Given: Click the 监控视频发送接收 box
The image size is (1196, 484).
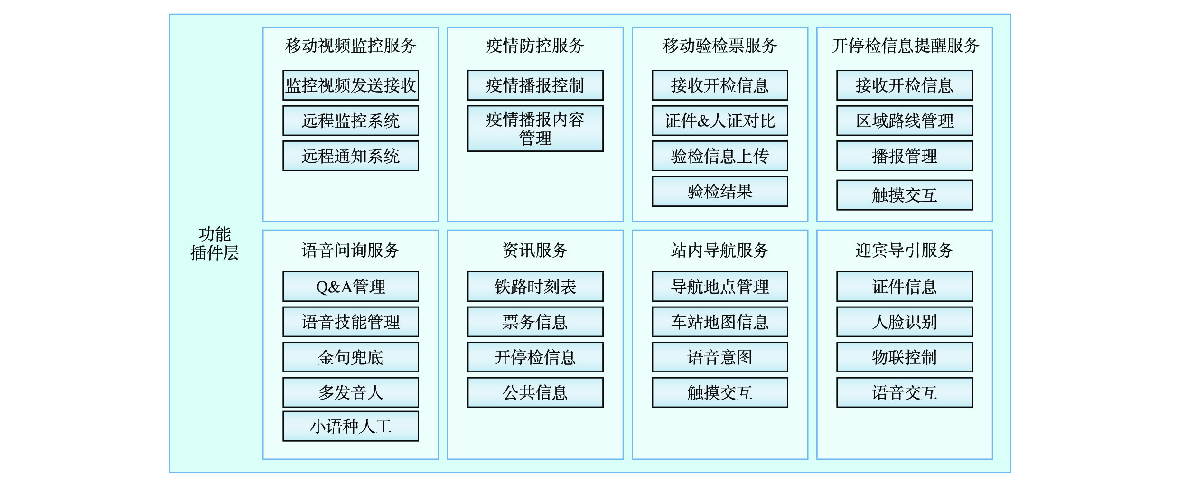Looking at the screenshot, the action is click(x=351, y=85).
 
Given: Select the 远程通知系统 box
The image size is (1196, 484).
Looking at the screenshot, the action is click(x=351, y=156).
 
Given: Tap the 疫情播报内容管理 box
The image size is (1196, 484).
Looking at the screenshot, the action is click(x=535, y=129).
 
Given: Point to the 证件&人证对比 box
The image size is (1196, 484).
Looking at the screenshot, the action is click(x=720, y=121).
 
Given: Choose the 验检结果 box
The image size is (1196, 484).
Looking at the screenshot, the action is click(x=720, y=192).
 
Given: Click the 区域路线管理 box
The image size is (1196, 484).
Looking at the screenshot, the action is click(x=905, y=121).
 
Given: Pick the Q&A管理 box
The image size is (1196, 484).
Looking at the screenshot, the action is click(x=351, y=287).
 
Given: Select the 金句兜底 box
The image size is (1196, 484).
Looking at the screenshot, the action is click(x=351, y=357).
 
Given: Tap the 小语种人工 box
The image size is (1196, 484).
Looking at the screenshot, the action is click(x=351, y=427).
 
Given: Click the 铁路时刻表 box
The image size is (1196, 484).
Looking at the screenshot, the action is click(x=535, y=287).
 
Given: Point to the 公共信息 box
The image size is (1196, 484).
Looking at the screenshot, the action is click(x=535, y=393).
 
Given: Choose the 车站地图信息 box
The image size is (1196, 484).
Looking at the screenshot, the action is click(x=720, y=322).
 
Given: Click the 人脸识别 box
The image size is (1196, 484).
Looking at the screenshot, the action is click(x=905, y=322).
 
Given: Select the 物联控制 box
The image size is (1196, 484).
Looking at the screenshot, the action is click(x=905, y=357).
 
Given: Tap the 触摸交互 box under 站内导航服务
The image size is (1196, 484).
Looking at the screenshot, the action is click(x=720, y=393).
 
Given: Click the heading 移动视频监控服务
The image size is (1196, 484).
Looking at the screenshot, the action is click(x=351, y=46).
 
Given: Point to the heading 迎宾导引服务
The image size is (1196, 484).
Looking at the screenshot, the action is click(x=905, y=250).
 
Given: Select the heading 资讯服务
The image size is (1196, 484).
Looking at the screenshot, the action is click(x=535, y=250).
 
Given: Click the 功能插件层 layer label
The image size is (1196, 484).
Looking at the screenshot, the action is click(x=215, y=243).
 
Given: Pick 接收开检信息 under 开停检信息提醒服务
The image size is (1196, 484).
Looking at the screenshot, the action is click(x=905, y=85).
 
